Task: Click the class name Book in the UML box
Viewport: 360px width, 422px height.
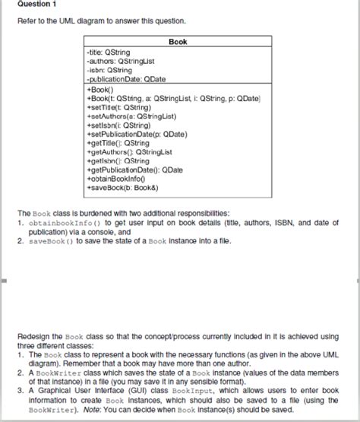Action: [x=178, y=43]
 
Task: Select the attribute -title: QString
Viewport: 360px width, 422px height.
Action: [x=109, y=52]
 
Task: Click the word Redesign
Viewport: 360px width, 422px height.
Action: [x=32, y=336]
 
